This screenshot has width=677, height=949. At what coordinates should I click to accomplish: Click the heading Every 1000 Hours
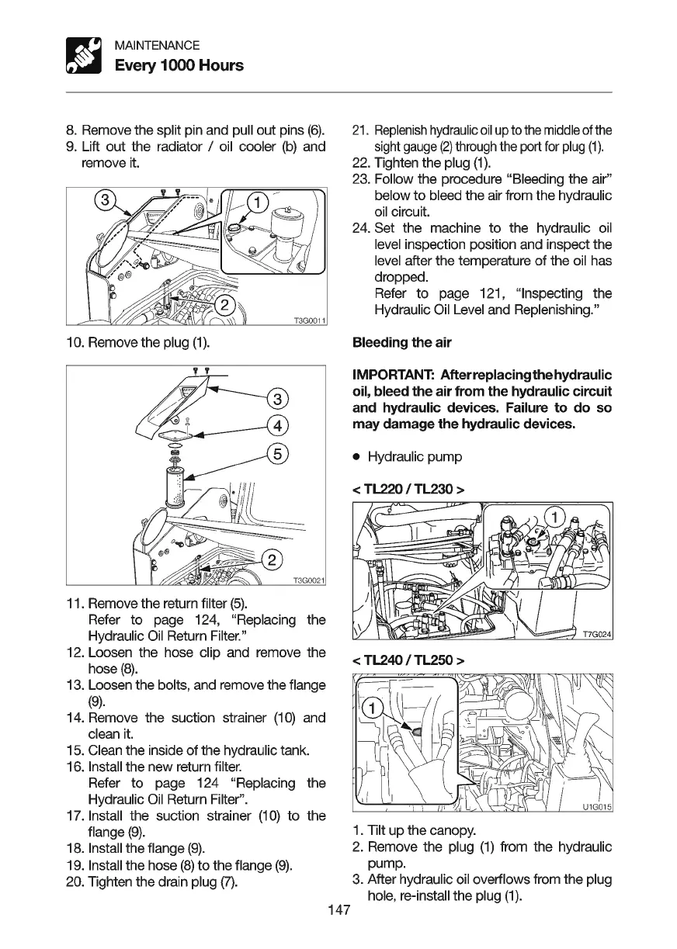(179, 65)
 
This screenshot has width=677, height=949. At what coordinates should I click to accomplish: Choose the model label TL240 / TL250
(408, 660)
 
